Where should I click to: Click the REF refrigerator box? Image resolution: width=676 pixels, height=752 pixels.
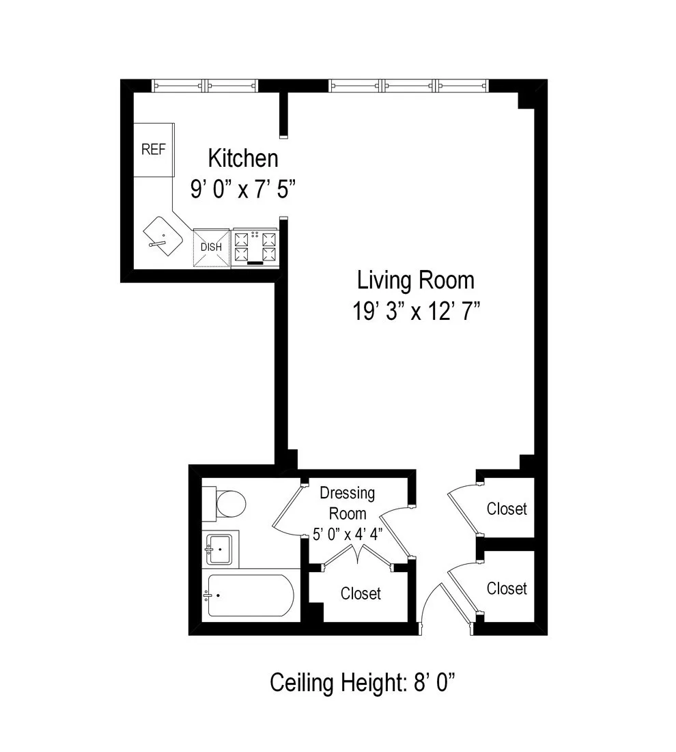pos(154,150)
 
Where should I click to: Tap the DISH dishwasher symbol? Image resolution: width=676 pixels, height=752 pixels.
pos(211,247)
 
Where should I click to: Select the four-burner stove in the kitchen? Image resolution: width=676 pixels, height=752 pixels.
pos(256,247)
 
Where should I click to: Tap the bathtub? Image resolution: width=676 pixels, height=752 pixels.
pos(249,595)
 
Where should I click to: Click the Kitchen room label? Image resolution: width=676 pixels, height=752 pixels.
pos(243,159)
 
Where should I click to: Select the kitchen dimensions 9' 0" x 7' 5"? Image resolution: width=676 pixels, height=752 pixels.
pos(243,189)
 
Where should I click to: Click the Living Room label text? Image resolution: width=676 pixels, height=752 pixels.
pos(415,280)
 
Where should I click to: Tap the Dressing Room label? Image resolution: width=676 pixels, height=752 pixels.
pos(348,502)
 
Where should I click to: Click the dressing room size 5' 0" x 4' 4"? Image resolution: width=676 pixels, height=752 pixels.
pos(348,534)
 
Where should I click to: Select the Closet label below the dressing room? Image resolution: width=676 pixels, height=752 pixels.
pos(361,593)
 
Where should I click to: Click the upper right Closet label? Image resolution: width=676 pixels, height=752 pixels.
pos(507,509)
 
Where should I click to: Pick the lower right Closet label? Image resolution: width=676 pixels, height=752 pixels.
pos(507,588)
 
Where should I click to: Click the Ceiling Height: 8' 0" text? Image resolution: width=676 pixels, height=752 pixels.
pos(363,682)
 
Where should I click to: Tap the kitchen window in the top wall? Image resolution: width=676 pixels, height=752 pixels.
pos(205,85)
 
